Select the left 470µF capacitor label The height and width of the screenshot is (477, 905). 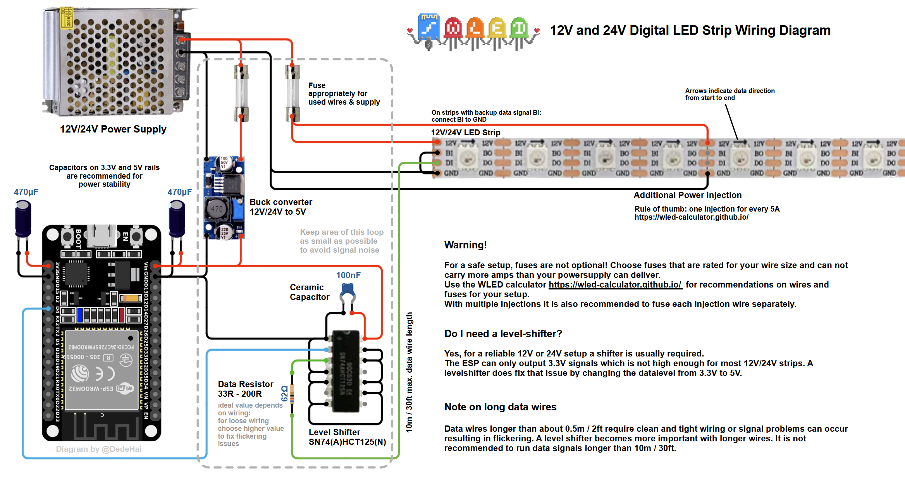coord(26,192)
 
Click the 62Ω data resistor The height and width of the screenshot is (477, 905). coord(292,394)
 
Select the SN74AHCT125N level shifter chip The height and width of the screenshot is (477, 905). coord(346,371)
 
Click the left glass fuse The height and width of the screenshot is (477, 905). coord(241,93)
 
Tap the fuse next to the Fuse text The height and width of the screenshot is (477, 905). coord(292,93)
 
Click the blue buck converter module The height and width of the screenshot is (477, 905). coord(224,198)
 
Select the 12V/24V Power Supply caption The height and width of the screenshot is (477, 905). coord(113,129)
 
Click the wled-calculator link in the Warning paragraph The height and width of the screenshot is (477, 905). coord(615,285)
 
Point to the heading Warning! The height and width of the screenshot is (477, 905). coord(465,245)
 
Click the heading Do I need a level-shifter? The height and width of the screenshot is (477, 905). coord(503,334)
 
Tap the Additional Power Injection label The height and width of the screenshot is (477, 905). coord(687,195)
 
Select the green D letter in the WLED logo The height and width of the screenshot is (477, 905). coord(519,28)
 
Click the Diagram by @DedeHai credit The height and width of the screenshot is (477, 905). coord(99,449)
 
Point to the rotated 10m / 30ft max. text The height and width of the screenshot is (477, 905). coord(409,372)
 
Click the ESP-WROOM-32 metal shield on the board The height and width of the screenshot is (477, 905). coord(102,370)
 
